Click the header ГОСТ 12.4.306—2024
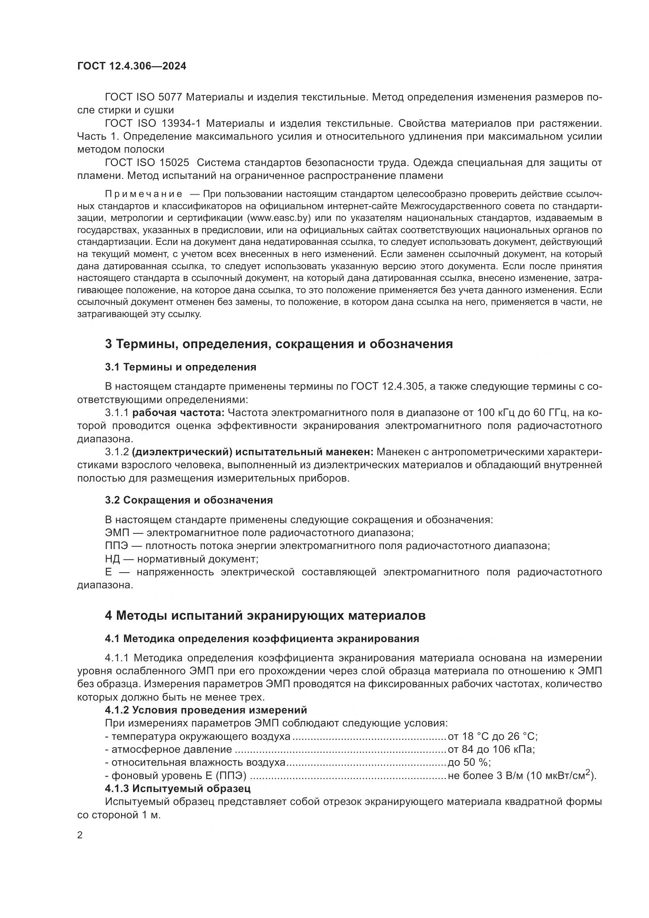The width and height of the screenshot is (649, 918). pos(131,66)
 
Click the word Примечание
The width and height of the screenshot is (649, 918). pos(144,194)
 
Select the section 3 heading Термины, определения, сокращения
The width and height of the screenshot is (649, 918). pos(279,344)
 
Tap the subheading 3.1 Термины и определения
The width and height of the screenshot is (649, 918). pos(180,367)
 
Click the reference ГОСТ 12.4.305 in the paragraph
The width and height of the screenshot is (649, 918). pos(387,386)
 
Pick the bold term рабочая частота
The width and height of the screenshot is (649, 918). pos(179,412)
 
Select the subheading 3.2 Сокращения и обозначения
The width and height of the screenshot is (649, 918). pos(189,500)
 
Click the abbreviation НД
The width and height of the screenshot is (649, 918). pos(112,559)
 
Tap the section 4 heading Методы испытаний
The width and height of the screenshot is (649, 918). pos(265,615)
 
